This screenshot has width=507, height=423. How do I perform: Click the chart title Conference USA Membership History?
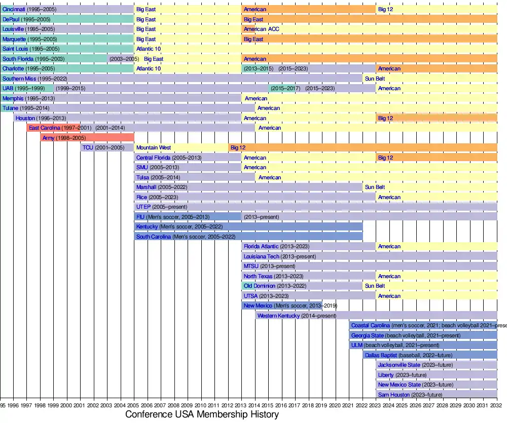click(x=202, y=414)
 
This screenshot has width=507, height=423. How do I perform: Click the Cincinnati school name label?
click(x=14, y=10)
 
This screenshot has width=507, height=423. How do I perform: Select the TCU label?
click(x=87, y=147)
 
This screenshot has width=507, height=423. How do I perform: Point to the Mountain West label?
click(x=154, y=147)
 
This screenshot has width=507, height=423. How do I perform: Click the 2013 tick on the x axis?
click(x=242, y=405)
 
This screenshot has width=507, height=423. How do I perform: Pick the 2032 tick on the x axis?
click(x=497, y=405)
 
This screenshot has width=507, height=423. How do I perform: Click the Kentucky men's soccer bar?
click(x=248, y=226)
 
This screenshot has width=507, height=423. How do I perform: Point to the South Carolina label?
click(x=154, y=237)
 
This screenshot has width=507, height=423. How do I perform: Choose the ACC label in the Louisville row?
click(x=273, y=29)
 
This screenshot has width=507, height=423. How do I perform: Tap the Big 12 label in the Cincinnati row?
click(x=385, y=10)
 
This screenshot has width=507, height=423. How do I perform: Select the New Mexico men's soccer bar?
click(x=281, y=306)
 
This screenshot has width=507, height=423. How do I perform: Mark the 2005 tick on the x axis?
click(x=134, y=405)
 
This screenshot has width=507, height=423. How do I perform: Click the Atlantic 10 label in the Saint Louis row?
click(x=149, y=49)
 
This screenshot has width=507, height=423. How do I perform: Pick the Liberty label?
click(x=386, y=375)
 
